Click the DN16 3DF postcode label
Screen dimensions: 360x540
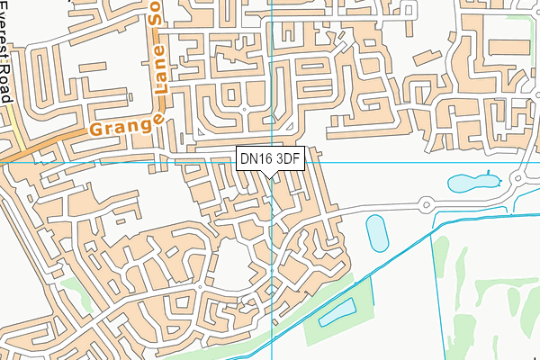pos(270,158)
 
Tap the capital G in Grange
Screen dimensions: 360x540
pos(97,132)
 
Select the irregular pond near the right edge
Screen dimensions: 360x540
pos(472,183)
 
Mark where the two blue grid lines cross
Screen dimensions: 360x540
pos(271,163)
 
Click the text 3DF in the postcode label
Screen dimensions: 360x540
pos(288,158)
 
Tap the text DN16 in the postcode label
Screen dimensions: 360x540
pos(256,158)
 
